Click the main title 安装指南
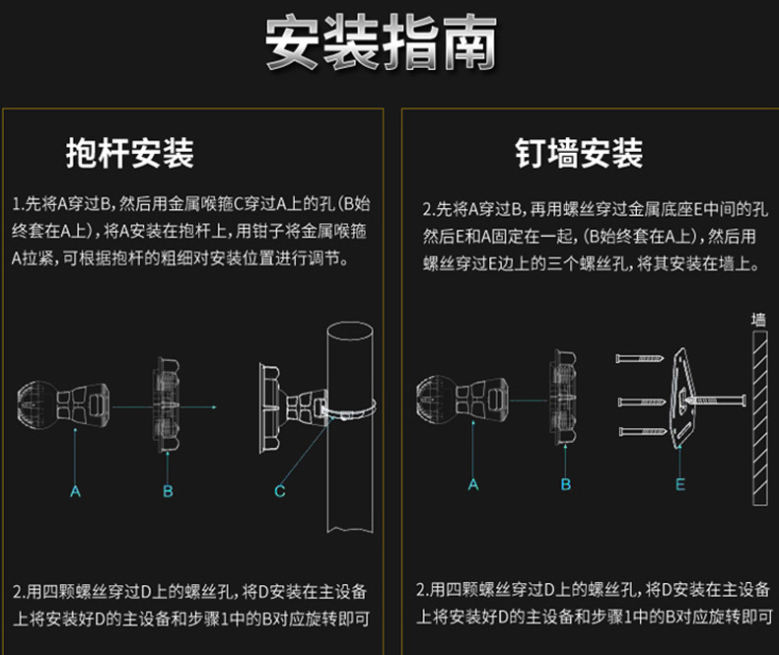click(381, 41)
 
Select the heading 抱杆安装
click(129, 153)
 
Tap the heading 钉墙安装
click(579, 153)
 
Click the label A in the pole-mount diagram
click(75, 491)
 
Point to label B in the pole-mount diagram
click(168, 491)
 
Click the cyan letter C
click(280, 491)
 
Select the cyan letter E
click(680, 484)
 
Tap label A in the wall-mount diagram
click(473, 484)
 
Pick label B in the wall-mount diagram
click(565, 484)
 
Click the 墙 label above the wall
click(758, 319)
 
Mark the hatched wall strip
click(760, 418)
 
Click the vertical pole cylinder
click(350, 427)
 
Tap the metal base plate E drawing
click(684, 399)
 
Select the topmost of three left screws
click(640, 358)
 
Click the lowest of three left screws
click(643, 431)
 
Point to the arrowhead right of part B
click(214, 407)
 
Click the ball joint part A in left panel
click(63, 405)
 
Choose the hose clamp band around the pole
click(349, 410)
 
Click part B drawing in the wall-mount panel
click(563, 397)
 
